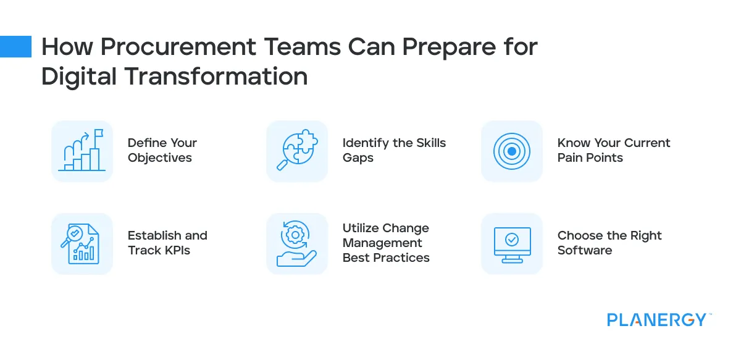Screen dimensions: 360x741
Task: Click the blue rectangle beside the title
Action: [15, 47]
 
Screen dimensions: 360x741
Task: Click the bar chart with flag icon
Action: [82, 151]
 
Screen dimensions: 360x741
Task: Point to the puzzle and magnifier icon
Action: [297, 151]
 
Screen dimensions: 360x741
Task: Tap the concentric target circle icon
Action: [512, 151]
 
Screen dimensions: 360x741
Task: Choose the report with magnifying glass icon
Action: [82, 243]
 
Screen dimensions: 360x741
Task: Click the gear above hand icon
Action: [296, 243]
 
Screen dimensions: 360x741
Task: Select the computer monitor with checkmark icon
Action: [512, 243]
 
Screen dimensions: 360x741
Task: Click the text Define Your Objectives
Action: [162, 150]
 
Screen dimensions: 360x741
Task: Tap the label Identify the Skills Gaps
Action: [394, 150]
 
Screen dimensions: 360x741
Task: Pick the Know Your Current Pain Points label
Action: [613, 150]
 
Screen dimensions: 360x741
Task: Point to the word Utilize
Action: [362, 228]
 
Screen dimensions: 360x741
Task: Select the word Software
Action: [584, 250]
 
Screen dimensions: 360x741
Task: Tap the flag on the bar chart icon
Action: [98, 133]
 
